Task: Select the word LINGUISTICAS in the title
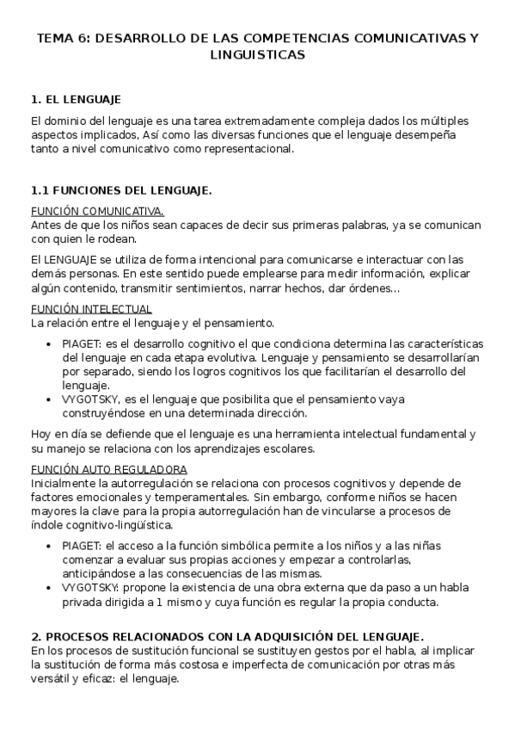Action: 257,54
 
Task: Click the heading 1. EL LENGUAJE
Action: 75,100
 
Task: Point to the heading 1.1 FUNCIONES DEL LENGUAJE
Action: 120,189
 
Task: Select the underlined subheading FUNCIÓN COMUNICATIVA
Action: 97,211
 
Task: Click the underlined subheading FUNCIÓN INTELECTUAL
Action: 91,309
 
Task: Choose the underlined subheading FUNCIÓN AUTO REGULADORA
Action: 108,469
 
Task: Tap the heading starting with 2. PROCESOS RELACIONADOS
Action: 225,636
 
